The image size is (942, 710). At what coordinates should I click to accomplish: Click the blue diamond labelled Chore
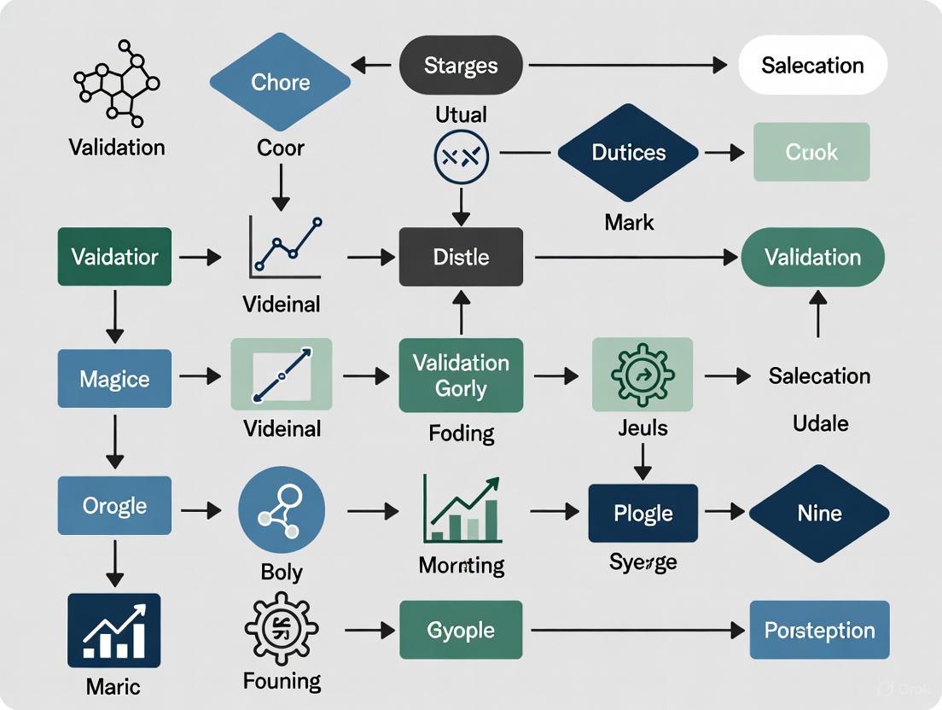click(280, 83)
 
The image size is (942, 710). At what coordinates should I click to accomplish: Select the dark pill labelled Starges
click(461, 66)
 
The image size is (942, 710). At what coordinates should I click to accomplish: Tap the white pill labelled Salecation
click(812, 66)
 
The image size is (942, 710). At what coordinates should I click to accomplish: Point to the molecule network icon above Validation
click(117, 81)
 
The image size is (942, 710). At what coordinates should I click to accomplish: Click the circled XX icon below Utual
click(461, 156)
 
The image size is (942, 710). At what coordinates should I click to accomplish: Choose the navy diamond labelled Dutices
click(628, 153)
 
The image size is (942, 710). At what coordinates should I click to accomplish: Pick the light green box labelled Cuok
click(811, 153)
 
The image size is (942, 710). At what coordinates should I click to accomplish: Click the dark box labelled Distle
click(461, 257)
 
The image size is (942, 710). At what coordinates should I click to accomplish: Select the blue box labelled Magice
click(114, 378)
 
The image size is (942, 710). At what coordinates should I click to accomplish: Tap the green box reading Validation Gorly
click(461, 375)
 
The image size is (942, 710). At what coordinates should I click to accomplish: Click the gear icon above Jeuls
click(643, 375)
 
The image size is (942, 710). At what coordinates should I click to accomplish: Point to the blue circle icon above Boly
click(282, 509)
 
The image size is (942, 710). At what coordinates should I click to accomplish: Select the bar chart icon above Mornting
click(462, 510)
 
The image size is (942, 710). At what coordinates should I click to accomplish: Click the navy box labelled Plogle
click(643, 513)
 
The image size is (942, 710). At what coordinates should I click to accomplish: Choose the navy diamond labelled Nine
click(819, 513)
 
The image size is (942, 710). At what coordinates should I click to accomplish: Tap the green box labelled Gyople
click(461, 631)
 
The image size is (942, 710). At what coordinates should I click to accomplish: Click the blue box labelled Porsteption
click(819, 631)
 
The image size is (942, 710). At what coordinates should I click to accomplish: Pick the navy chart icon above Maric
click(114, 631)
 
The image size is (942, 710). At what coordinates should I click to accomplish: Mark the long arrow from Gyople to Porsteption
click(636, 631)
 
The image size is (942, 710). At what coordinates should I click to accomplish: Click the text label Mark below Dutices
click(629, 223)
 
